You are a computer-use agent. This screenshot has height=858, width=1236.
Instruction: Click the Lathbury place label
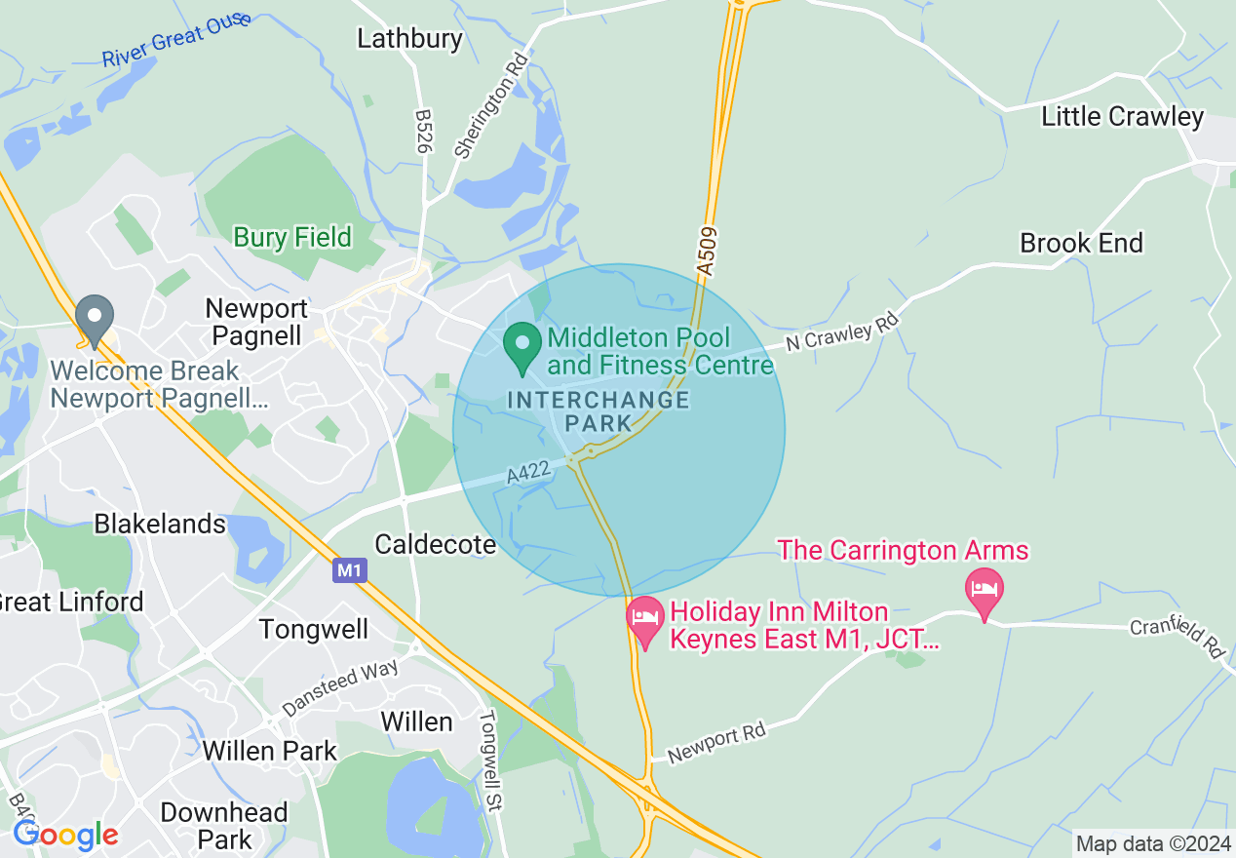pos(409,39)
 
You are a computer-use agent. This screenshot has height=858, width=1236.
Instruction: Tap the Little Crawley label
pos(1122,117)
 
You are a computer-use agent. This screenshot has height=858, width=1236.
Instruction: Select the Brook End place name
pos(1081,243)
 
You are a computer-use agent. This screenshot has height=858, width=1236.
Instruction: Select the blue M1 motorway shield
pos(349,570)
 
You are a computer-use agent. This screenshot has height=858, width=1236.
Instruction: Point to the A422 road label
pos(530,474)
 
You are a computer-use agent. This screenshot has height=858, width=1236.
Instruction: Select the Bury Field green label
pos(292,237)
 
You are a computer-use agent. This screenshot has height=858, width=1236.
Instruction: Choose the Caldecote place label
pos(436,544)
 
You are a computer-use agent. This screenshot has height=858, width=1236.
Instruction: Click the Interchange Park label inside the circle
pos(599,411)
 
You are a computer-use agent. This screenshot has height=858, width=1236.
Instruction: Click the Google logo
pos(65,835)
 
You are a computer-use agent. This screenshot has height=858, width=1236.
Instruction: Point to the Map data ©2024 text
pos(1151,843)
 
